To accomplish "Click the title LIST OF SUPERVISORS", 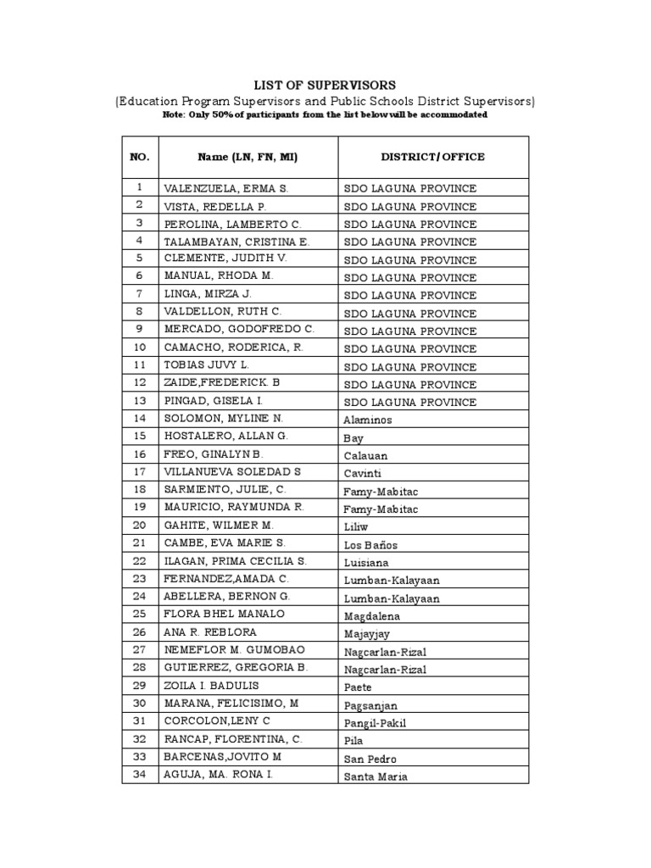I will (x=325, y=85).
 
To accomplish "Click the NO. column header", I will (x=140, y=157).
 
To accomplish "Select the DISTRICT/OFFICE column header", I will (x=432, y=157).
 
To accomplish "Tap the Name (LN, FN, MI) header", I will (x=248, y=157).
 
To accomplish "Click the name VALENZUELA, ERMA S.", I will (x=226, y=188).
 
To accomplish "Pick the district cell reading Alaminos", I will (x=368, y=420).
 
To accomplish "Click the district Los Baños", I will (x=370, y=545).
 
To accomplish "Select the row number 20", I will (x=140, y=525).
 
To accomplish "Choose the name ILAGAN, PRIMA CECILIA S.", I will (x=235, y=561).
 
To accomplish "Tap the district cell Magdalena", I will (x=371, y=616).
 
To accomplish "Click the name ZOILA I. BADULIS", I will (x=211, y=686).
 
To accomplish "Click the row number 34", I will (x=140, y=775).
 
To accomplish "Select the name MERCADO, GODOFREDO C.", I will (x=239, y=329).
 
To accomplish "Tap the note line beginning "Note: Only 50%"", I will (x=325, y=115).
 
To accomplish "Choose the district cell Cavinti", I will (x=362, y=474).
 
